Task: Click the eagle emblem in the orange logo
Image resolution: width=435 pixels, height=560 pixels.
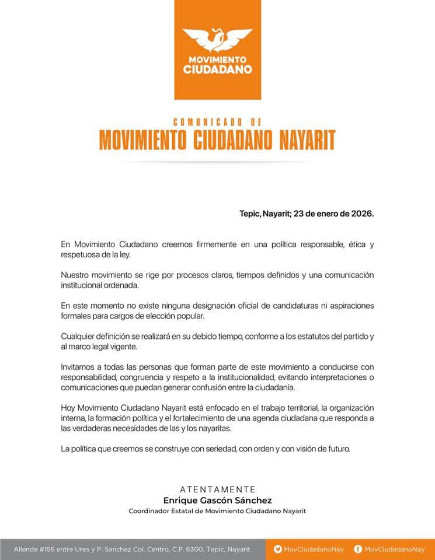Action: coord(217,40)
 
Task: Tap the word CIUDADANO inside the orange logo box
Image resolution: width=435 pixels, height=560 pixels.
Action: coord(217,69)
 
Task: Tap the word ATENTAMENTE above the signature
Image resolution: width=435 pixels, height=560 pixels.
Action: coord(217,489)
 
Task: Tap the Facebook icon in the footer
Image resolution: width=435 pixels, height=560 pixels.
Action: coord(358,549)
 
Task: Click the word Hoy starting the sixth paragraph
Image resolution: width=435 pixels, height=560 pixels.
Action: coord(68,408)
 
